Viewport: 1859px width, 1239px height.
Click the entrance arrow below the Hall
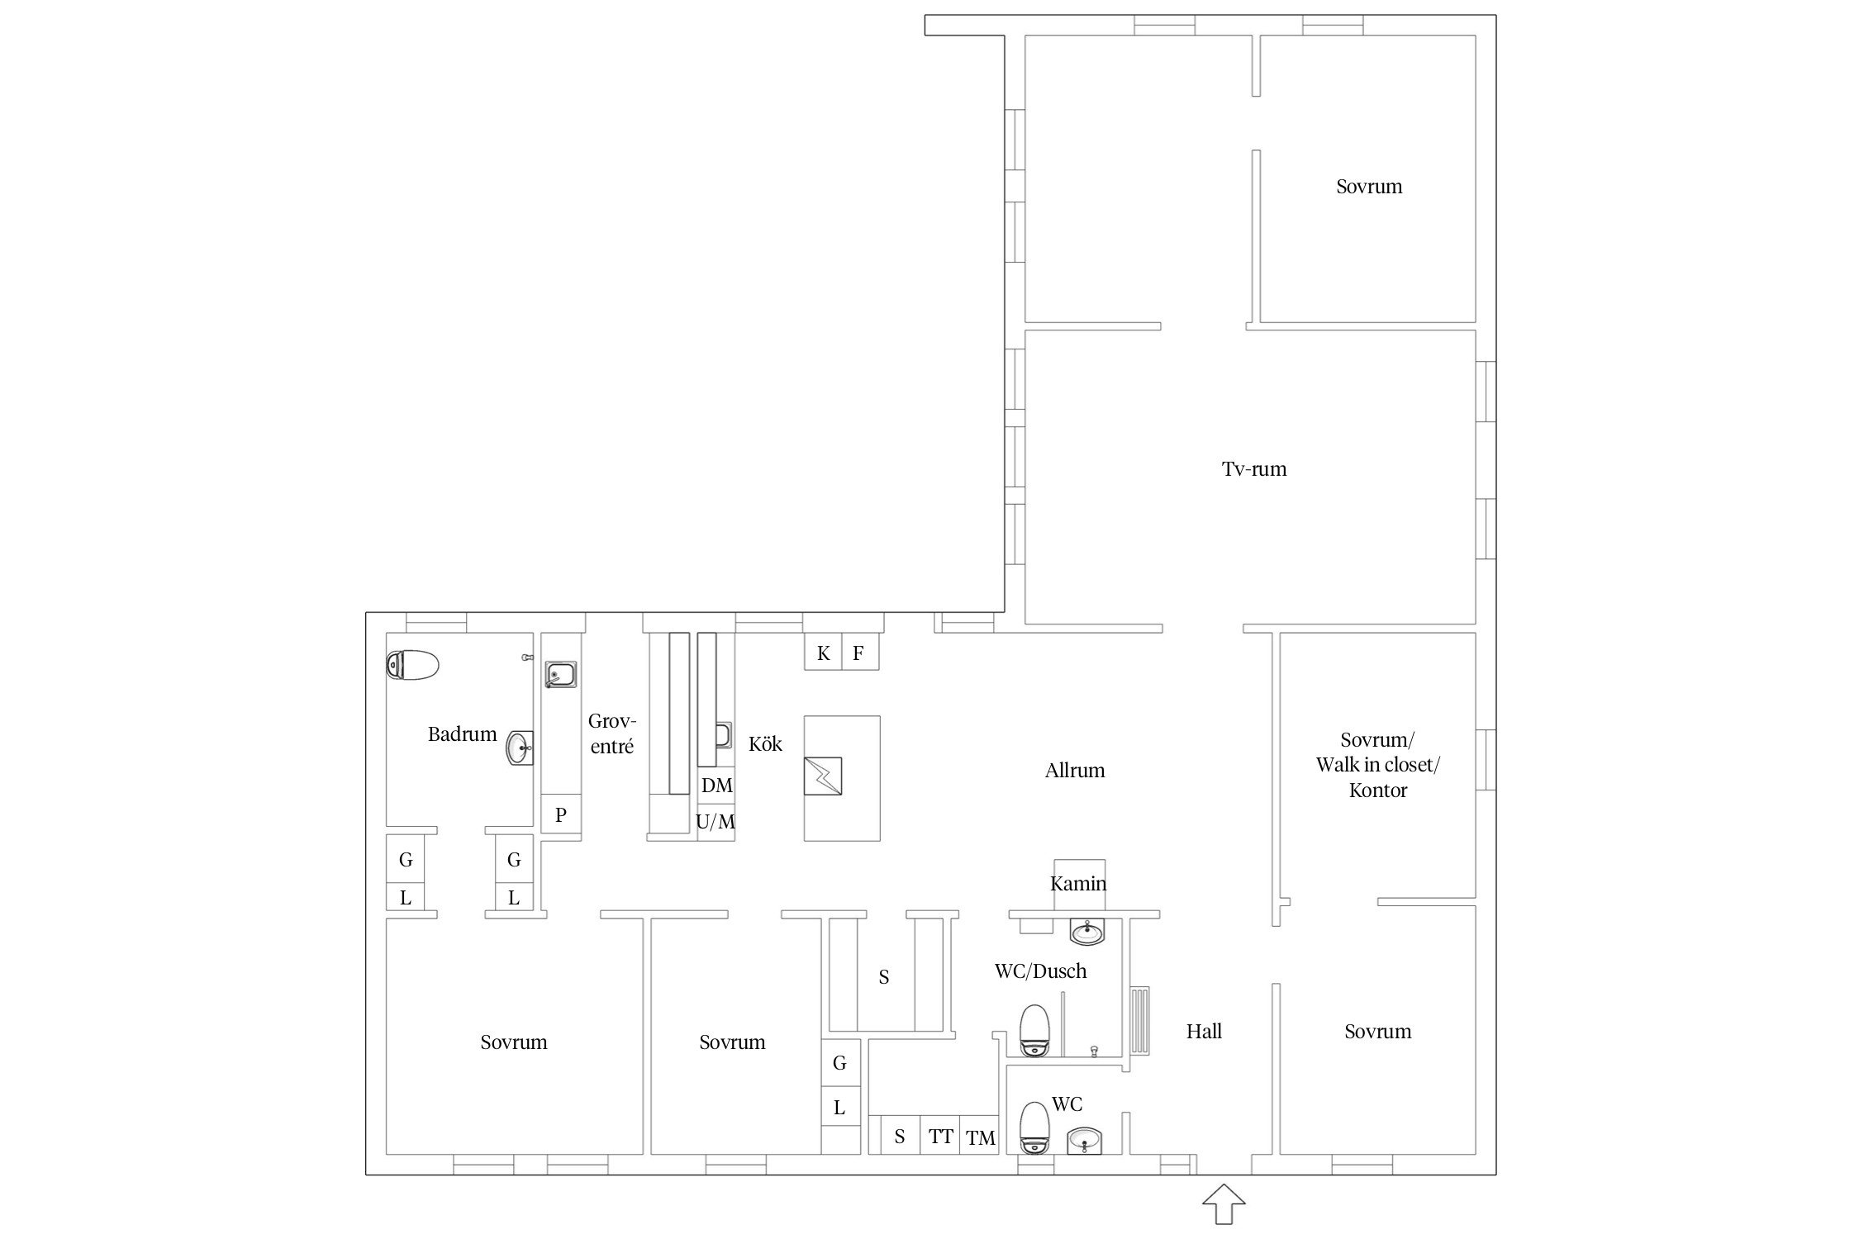coord(1224,1204)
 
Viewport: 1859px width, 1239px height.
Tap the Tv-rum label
coord(1253,469)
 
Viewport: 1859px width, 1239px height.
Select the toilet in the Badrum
coord(411,665)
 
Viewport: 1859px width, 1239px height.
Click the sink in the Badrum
coord(520,748)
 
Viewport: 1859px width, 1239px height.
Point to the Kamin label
coord(1078,884)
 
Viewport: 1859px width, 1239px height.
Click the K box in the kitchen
coord(823,653)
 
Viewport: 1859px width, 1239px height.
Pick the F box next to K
coord(859,653)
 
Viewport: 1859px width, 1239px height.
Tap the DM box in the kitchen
coord(716,786)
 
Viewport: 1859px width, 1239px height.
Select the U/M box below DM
coord(716,823)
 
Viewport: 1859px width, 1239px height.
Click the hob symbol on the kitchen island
coord(823,776)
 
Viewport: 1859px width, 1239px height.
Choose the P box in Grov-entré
coord(561,814)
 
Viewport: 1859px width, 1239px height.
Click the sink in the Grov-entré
coord(560,675)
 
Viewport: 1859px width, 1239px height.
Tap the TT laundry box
coord(940,1136)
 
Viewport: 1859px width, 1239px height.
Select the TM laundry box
coord(981,1137)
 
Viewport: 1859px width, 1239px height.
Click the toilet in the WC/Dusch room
coord(1034,1030)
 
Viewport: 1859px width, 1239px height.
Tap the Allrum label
coord(1074,771)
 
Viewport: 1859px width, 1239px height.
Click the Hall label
coord(1204,1031)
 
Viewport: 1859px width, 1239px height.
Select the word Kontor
coord(1377,790)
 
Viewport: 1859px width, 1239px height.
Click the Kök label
coord(765,743)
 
